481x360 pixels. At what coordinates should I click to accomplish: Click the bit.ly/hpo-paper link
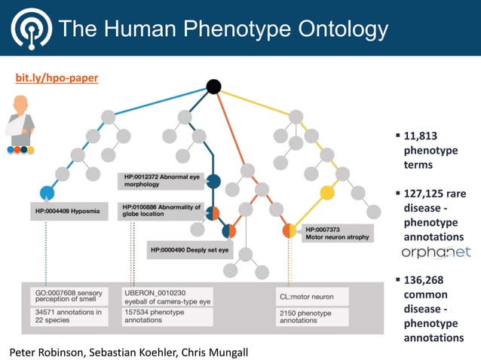pyautogui.click(x=57, y=78)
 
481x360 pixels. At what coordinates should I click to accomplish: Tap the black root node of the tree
pyautogui.click(x=213, y=87)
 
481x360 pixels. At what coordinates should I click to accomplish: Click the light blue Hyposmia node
pyautogui.click(x=47, y=192)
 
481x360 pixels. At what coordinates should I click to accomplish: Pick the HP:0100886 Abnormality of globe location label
pyautogui.click(x=160, y=210)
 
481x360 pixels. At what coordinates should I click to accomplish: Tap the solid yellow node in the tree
pyautogui.click(x=326, y=193)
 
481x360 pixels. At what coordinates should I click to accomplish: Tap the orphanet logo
pyautogui.click(x=436, y=252)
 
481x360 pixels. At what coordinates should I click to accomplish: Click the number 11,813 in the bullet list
pyautogui.click(x=421, y=136)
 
